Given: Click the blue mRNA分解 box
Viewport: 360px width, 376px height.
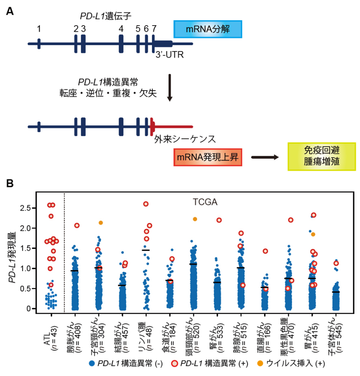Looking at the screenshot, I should [x=208, y=29].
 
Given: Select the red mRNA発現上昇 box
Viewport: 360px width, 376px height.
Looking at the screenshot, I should [x=208, y=157].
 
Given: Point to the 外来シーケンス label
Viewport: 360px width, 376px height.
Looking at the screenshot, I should [x=184, y=139].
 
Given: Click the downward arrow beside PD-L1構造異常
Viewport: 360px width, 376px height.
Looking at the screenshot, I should [x=170, y=88].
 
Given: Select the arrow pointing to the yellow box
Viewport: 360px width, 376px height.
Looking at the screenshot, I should [x=265, y=157].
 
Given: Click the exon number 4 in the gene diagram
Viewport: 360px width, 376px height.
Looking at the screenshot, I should [x=121, y=29].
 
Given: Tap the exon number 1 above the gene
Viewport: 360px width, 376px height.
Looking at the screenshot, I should [x=39, y=29].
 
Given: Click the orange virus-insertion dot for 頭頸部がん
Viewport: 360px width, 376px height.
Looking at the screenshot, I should [x=195, y=219].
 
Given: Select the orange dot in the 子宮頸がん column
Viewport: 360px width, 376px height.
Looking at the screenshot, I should [x=101, y=223].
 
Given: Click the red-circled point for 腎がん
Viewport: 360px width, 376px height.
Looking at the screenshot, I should [x=219, y=220].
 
